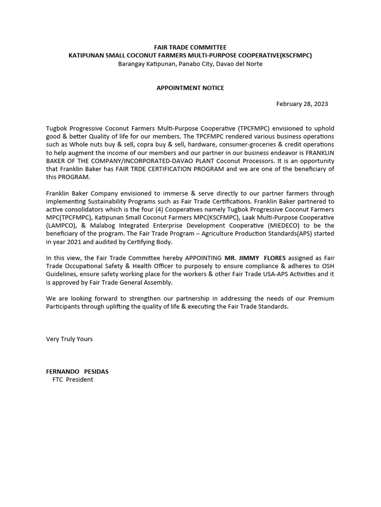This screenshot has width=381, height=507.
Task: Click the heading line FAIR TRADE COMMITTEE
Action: point(190,47)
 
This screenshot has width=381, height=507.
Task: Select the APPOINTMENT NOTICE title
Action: point(190,88)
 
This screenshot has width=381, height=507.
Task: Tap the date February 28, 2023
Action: point(302,104)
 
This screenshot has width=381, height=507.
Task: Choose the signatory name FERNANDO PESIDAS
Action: point(77,371)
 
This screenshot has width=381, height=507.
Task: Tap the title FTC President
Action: point(72,380)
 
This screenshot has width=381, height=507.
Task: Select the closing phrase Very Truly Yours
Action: point(69,339)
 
